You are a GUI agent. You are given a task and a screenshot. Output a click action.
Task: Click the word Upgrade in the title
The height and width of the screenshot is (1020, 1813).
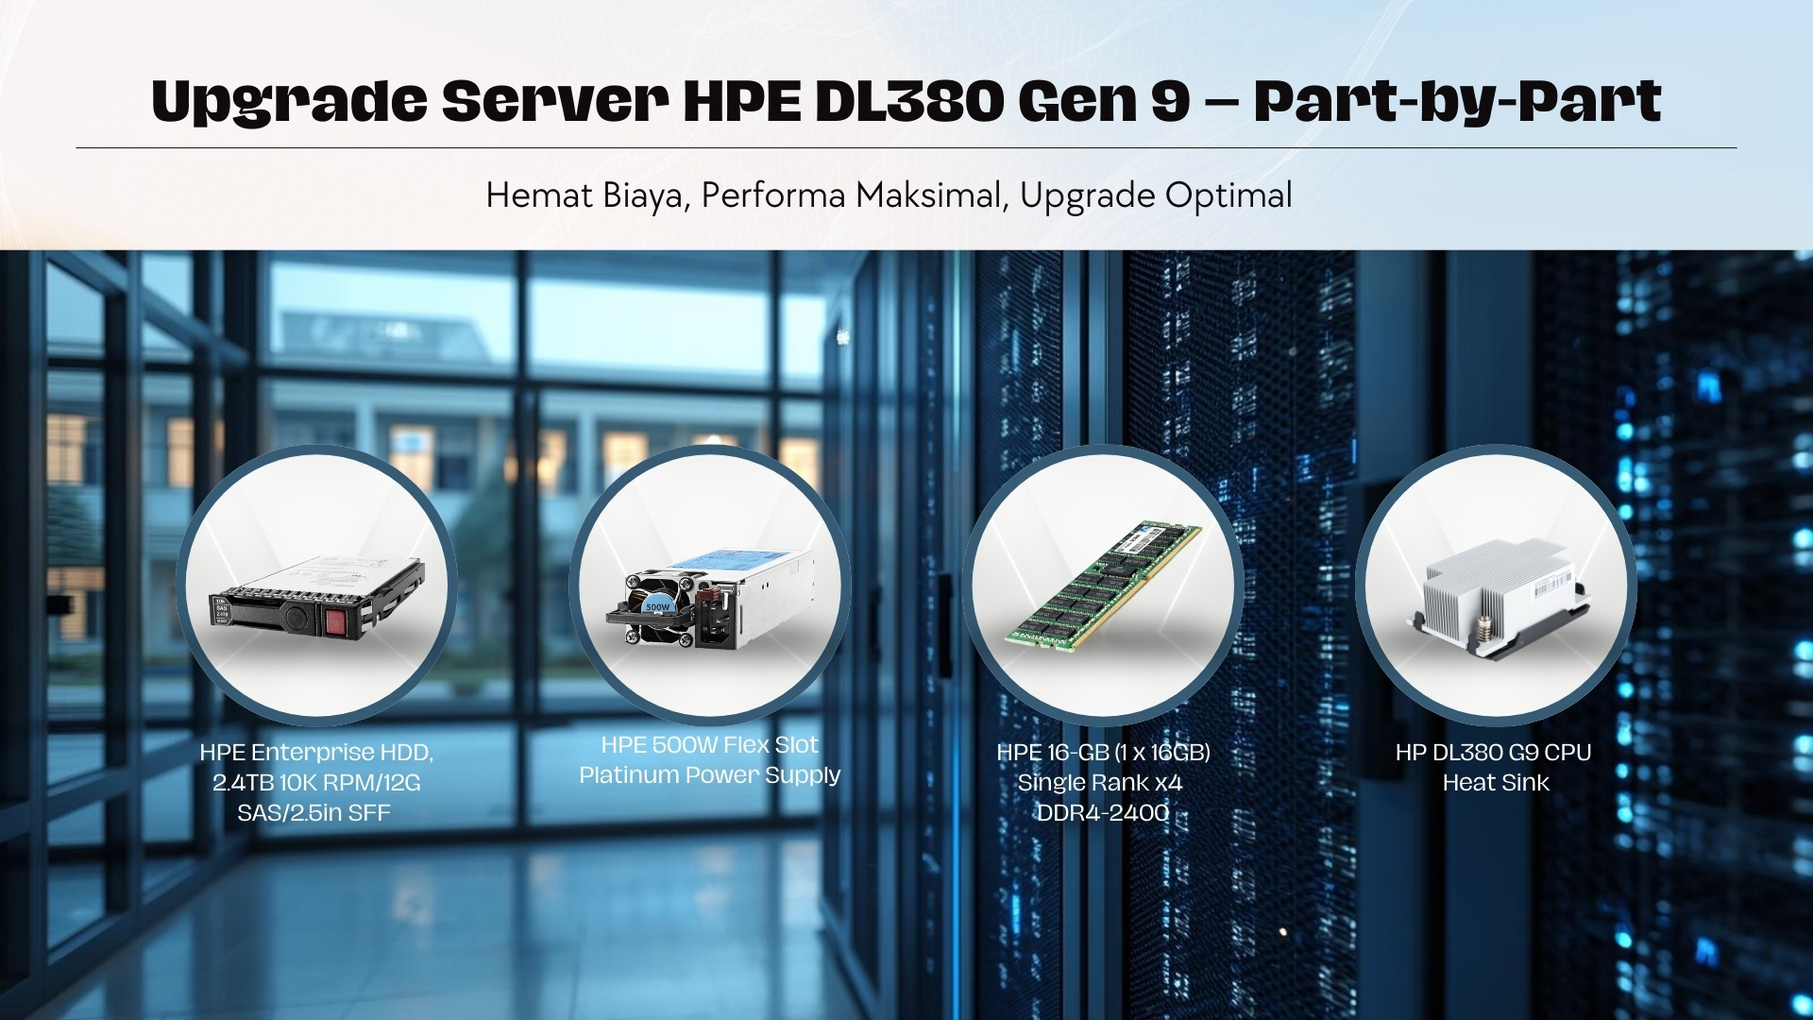click(x=288, y=102)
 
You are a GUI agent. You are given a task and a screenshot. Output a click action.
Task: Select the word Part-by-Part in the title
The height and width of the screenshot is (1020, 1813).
click(x=1457, y=102)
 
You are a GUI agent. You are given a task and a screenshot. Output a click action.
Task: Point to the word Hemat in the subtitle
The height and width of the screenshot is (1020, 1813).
click(x=538, y=195)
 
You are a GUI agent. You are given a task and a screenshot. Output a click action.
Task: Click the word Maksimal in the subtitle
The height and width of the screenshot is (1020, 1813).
click(x=927, y=195)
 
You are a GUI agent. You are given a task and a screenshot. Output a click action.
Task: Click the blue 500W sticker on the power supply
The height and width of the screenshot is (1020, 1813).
click(x=657, y=607)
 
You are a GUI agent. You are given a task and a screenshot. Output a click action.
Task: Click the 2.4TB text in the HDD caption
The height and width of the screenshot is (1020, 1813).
click(x=242, y=783)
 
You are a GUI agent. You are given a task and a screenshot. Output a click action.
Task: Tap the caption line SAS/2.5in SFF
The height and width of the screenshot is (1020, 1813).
click(x=313, y=813)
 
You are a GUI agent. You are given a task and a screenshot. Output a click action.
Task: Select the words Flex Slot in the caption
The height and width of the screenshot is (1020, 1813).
click(x=771, y=745)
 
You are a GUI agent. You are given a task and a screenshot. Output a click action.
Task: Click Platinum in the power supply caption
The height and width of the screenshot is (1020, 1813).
click(x=629, y=775)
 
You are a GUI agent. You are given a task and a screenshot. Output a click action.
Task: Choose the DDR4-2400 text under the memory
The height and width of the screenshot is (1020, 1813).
click(x=1103, y=813)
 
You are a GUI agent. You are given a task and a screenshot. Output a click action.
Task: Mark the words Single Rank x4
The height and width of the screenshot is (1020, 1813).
click(x=1100, y=783)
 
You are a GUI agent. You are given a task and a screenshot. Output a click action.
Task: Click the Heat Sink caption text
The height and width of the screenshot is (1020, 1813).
click(x=1496, y=783)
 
